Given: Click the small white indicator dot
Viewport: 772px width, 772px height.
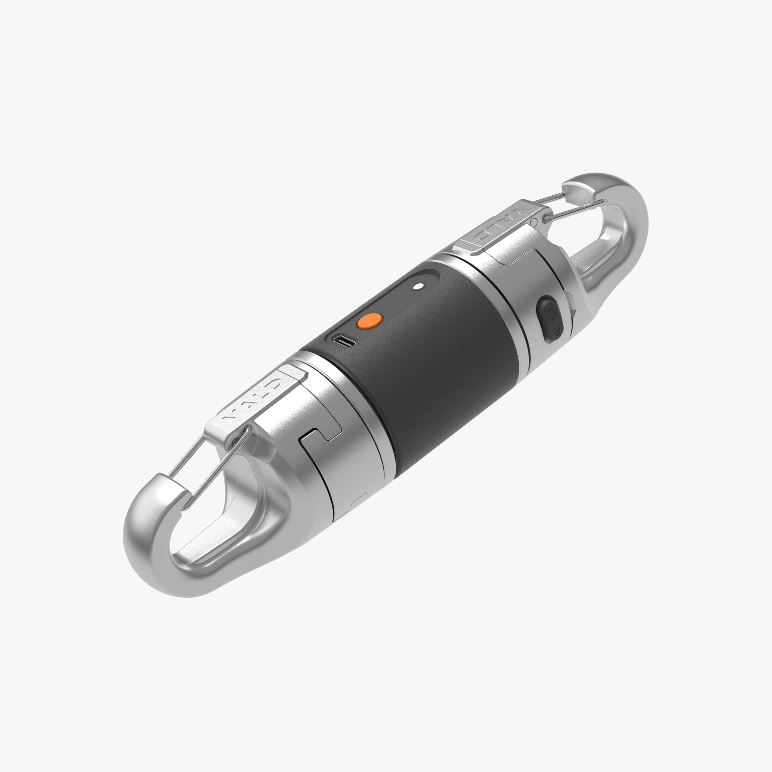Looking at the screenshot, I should (x=418, y=286).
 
